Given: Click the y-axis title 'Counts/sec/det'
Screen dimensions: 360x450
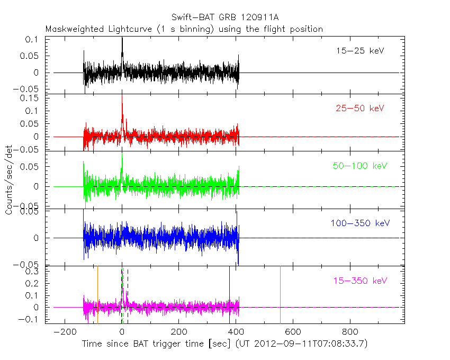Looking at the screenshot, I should (x=9, y=180).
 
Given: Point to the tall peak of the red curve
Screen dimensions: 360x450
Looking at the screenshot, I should (x=122, y=96).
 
